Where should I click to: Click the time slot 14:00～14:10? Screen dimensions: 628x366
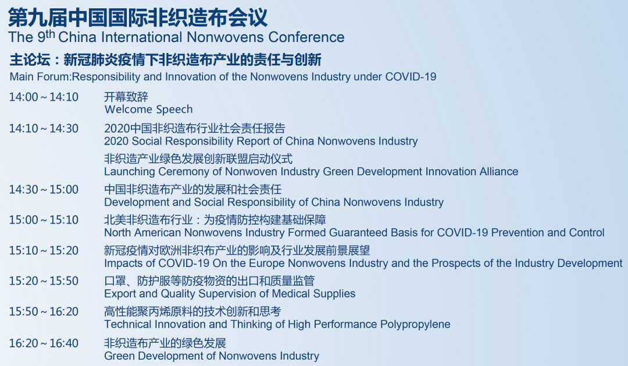point(44,97)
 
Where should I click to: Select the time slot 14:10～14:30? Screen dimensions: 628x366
point(44,129)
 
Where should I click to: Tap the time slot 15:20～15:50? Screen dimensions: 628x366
point(44,281)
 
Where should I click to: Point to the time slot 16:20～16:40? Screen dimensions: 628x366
point(44,343)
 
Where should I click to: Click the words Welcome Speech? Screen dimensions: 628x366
point(149,110)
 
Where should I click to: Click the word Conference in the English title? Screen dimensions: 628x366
point(306,37)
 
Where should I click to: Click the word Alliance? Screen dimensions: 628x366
point(499,172)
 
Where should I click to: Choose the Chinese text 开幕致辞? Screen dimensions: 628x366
point(126,97)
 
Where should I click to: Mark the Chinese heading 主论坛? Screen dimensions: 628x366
point(30,60)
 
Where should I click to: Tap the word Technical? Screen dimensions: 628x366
point(128,324)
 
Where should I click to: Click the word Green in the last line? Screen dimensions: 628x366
point(119,356)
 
